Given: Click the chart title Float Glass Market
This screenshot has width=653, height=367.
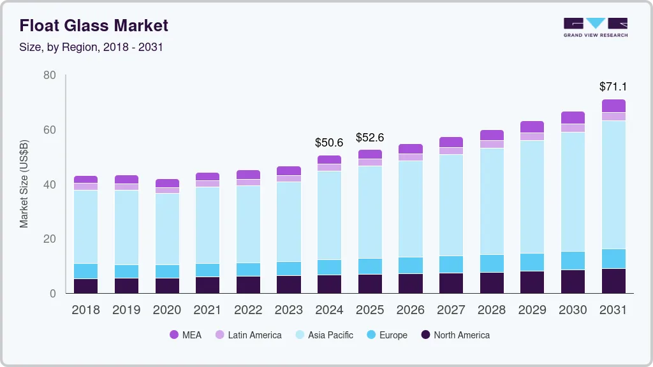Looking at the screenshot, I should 94,25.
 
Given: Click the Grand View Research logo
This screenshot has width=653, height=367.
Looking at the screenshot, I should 596,27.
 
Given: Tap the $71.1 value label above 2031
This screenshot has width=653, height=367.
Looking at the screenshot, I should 613,87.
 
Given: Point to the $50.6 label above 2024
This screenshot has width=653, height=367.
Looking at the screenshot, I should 329,142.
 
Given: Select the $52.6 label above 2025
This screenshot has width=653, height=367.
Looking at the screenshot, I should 370,137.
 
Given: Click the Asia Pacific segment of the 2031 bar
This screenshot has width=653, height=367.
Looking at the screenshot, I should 613,185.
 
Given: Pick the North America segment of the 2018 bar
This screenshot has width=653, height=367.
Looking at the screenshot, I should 85,286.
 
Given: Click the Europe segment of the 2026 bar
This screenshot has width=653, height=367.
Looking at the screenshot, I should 411,265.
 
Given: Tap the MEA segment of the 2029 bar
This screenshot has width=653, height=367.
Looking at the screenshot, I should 532,127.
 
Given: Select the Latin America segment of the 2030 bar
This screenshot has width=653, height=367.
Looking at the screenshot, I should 573,128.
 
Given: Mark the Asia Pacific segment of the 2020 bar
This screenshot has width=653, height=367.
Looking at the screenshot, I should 167,229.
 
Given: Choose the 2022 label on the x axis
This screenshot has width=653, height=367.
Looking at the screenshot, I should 248,310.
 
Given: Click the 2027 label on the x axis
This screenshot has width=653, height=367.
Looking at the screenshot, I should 451,310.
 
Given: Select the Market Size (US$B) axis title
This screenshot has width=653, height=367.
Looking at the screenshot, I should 24,183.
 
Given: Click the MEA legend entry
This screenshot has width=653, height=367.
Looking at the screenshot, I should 186,335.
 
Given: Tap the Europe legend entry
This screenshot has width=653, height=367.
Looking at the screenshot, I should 386,335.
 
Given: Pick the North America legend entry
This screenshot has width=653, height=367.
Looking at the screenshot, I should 455,335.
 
